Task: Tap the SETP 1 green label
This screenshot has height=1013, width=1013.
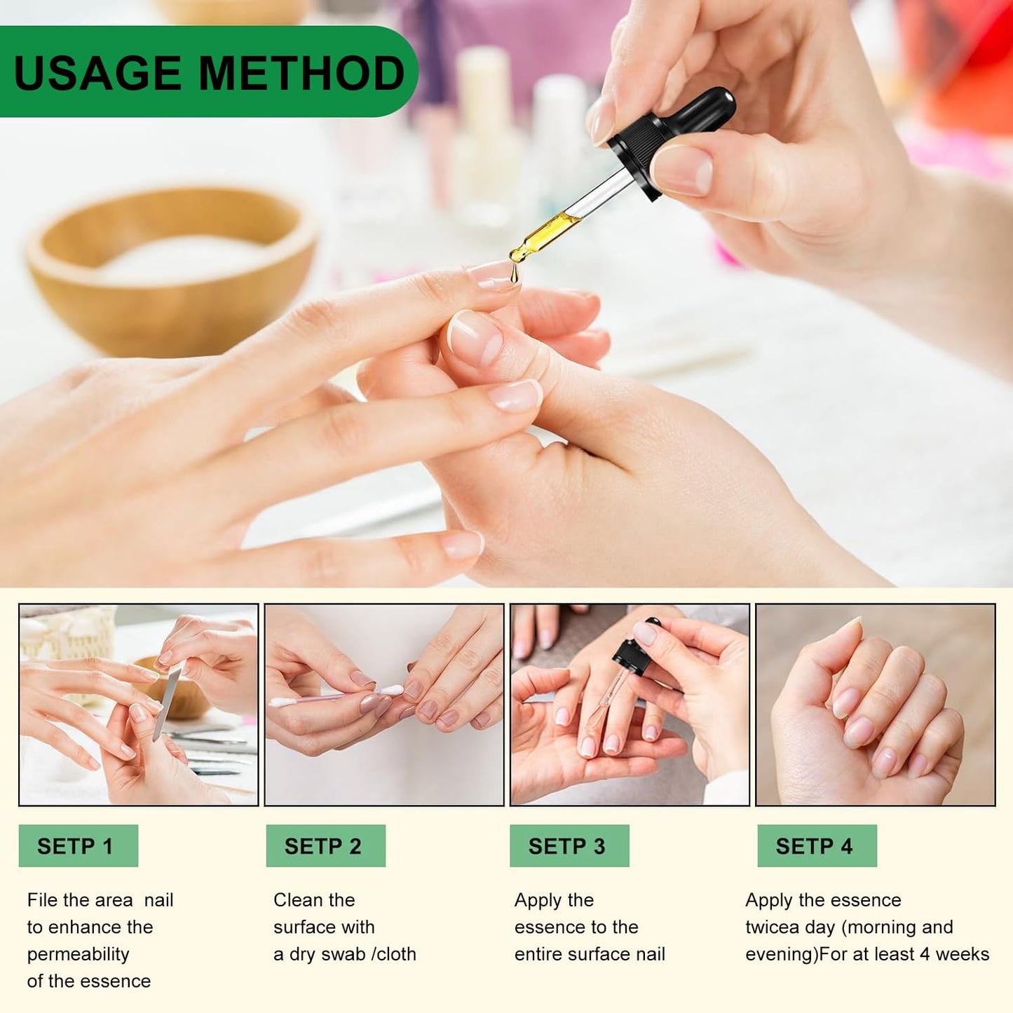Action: (x=79, y=846)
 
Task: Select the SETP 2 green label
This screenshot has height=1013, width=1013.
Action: (x=325, y=846)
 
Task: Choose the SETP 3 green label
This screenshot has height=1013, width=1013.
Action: (x=569, y=846)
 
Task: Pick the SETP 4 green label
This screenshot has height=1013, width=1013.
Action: (x=817, y=846)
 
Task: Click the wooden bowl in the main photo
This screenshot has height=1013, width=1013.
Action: (x=171, y=268)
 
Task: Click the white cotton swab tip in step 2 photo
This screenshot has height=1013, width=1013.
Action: (x=392, y=691)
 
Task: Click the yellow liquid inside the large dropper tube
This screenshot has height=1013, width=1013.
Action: (x=547, y=232)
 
